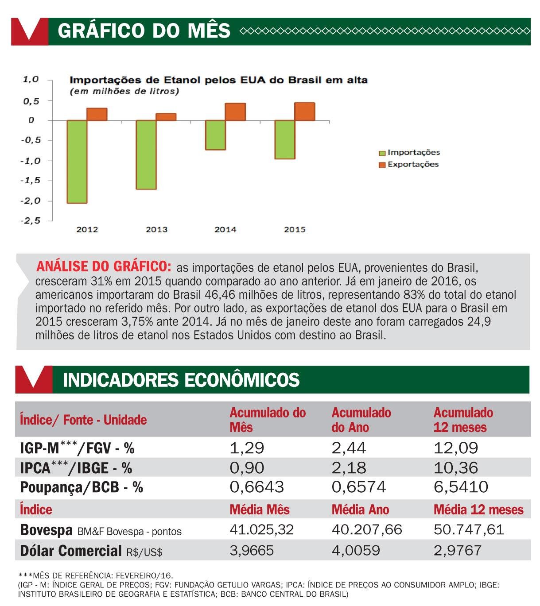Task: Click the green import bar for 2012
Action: coord(77,162)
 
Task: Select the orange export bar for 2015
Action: coord(305,112)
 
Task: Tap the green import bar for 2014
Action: coord(215,135)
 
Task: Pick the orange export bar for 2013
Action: coord(166,117)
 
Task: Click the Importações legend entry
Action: coord(409,153)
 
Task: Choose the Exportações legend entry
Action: coord(408,165)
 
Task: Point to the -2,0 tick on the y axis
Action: coord(30,201)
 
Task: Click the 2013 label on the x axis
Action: coord(156,229)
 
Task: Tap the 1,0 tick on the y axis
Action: coord(31,80)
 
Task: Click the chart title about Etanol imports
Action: coord(218,80)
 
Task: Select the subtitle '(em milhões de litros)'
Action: coord(124,92)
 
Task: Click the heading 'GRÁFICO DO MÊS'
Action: coord(144,31)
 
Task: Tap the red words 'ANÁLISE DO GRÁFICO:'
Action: coord(104,266)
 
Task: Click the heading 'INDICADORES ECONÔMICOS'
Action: coord(181,380)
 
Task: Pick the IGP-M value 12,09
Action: coord(455,448)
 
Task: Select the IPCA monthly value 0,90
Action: coord(247,467)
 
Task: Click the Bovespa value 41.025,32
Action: coord(261,529)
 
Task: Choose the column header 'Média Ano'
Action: coord(360,510)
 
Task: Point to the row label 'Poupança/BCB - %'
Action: coord(82,487)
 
